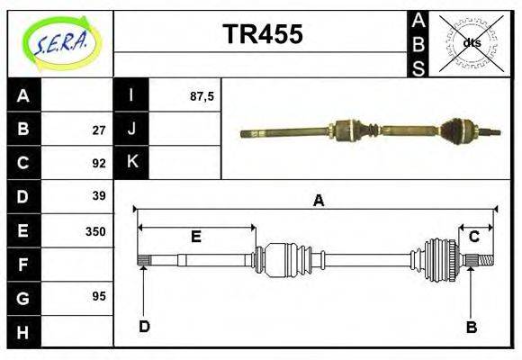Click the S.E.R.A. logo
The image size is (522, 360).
click(60, 42)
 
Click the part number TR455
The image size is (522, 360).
click(262, 34)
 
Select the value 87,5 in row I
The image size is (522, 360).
click(202, 96)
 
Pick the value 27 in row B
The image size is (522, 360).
click(99, 130)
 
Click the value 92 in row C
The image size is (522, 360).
click(99, 164)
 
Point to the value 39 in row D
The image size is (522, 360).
click(99, 196)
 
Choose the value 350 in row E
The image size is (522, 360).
click(95, 231)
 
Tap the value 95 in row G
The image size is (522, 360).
click(99, 296)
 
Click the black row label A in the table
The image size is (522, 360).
click(23, 95)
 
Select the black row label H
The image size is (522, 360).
click(23, 332)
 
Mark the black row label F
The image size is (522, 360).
click(23, 265)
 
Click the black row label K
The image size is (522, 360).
click(131, 163)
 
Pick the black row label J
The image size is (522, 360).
click(131, 130)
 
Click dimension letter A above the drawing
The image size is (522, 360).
click(318, 201)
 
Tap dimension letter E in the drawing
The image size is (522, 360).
click(195, 237)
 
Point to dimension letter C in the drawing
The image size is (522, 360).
click(473, 237)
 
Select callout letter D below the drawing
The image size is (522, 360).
click(144, 327)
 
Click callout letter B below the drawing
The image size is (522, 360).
click(471, 327)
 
